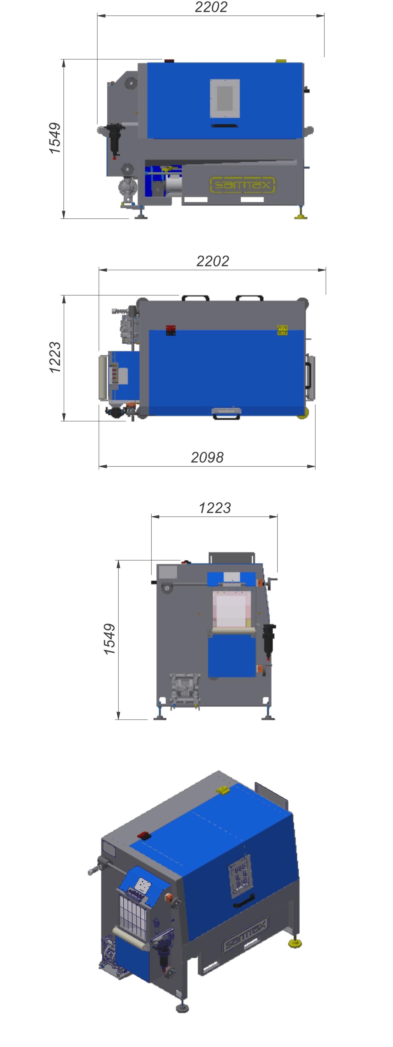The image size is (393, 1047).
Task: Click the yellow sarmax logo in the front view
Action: (x=242, y=185)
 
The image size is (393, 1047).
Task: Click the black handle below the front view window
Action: (x=225, y=126)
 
